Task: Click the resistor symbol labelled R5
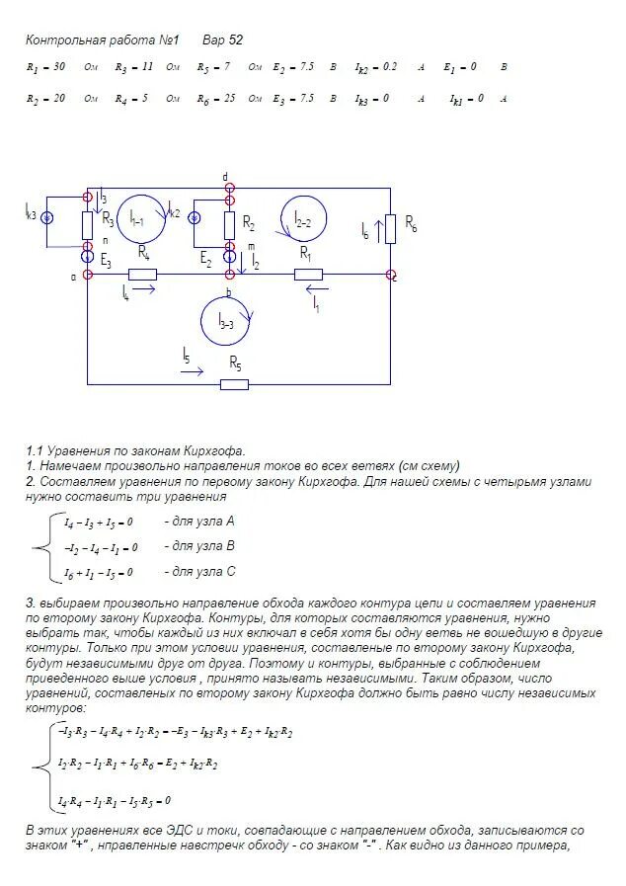pos(234,384)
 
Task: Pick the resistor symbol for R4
pos(144,274)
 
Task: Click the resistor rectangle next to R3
pos(87,225)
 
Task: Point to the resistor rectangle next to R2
pos(229,224)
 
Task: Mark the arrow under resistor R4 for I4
pos(140,289)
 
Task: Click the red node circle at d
pos(228,186)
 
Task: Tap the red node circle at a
pos(88,274)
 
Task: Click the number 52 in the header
pos(234,40)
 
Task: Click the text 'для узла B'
pos(196,545)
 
